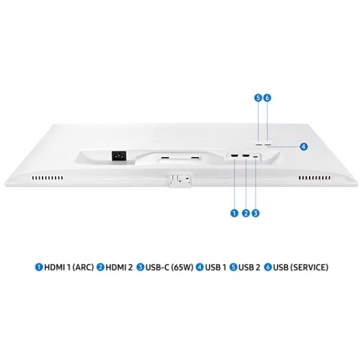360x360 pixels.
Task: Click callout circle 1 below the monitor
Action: pyautogui.click(x=234, y=212)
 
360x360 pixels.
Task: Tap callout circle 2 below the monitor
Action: pyautogui.click(x=245, y=212)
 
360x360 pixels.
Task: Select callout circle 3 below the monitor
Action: pyautogui.click(x=256, y=212)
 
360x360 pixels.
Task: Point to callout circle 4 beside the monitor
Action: pyautogui.click(x=304, y=146)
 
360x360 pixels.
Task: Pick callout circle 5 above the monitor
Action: pyautogui.click(x=258, y=97)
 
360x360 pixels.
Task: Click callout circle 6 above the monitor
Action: pyautogui.click(x=268, y=97)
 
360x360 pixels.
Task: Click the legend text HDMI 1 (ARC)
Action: pyautogui.click(x=69, y=267)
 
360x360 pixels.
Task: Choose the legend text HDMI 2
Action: pyautogui.click(x=119, y=267)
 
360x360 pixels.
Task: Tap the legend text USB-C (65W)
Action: pyautogui.click(x=169, y=267)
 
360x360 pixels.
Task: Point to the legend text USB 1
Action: pyautogui.click(x=215, y=267)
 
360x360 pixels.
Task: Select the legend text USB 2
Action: pyautogui.click(x=249, y=267)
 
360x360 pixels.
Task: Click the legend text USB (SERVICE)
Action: pyautogui.click(x=301, y=267)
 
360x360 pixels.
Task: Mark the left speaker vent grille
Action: pyautogui.click(x=47, y=178)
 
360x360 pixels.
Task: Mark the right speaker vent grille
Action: pyautogui.click(x=314, y=178)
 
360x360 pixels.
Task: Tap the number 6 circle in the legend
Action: pyautogui.click(x=268, y=267)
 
